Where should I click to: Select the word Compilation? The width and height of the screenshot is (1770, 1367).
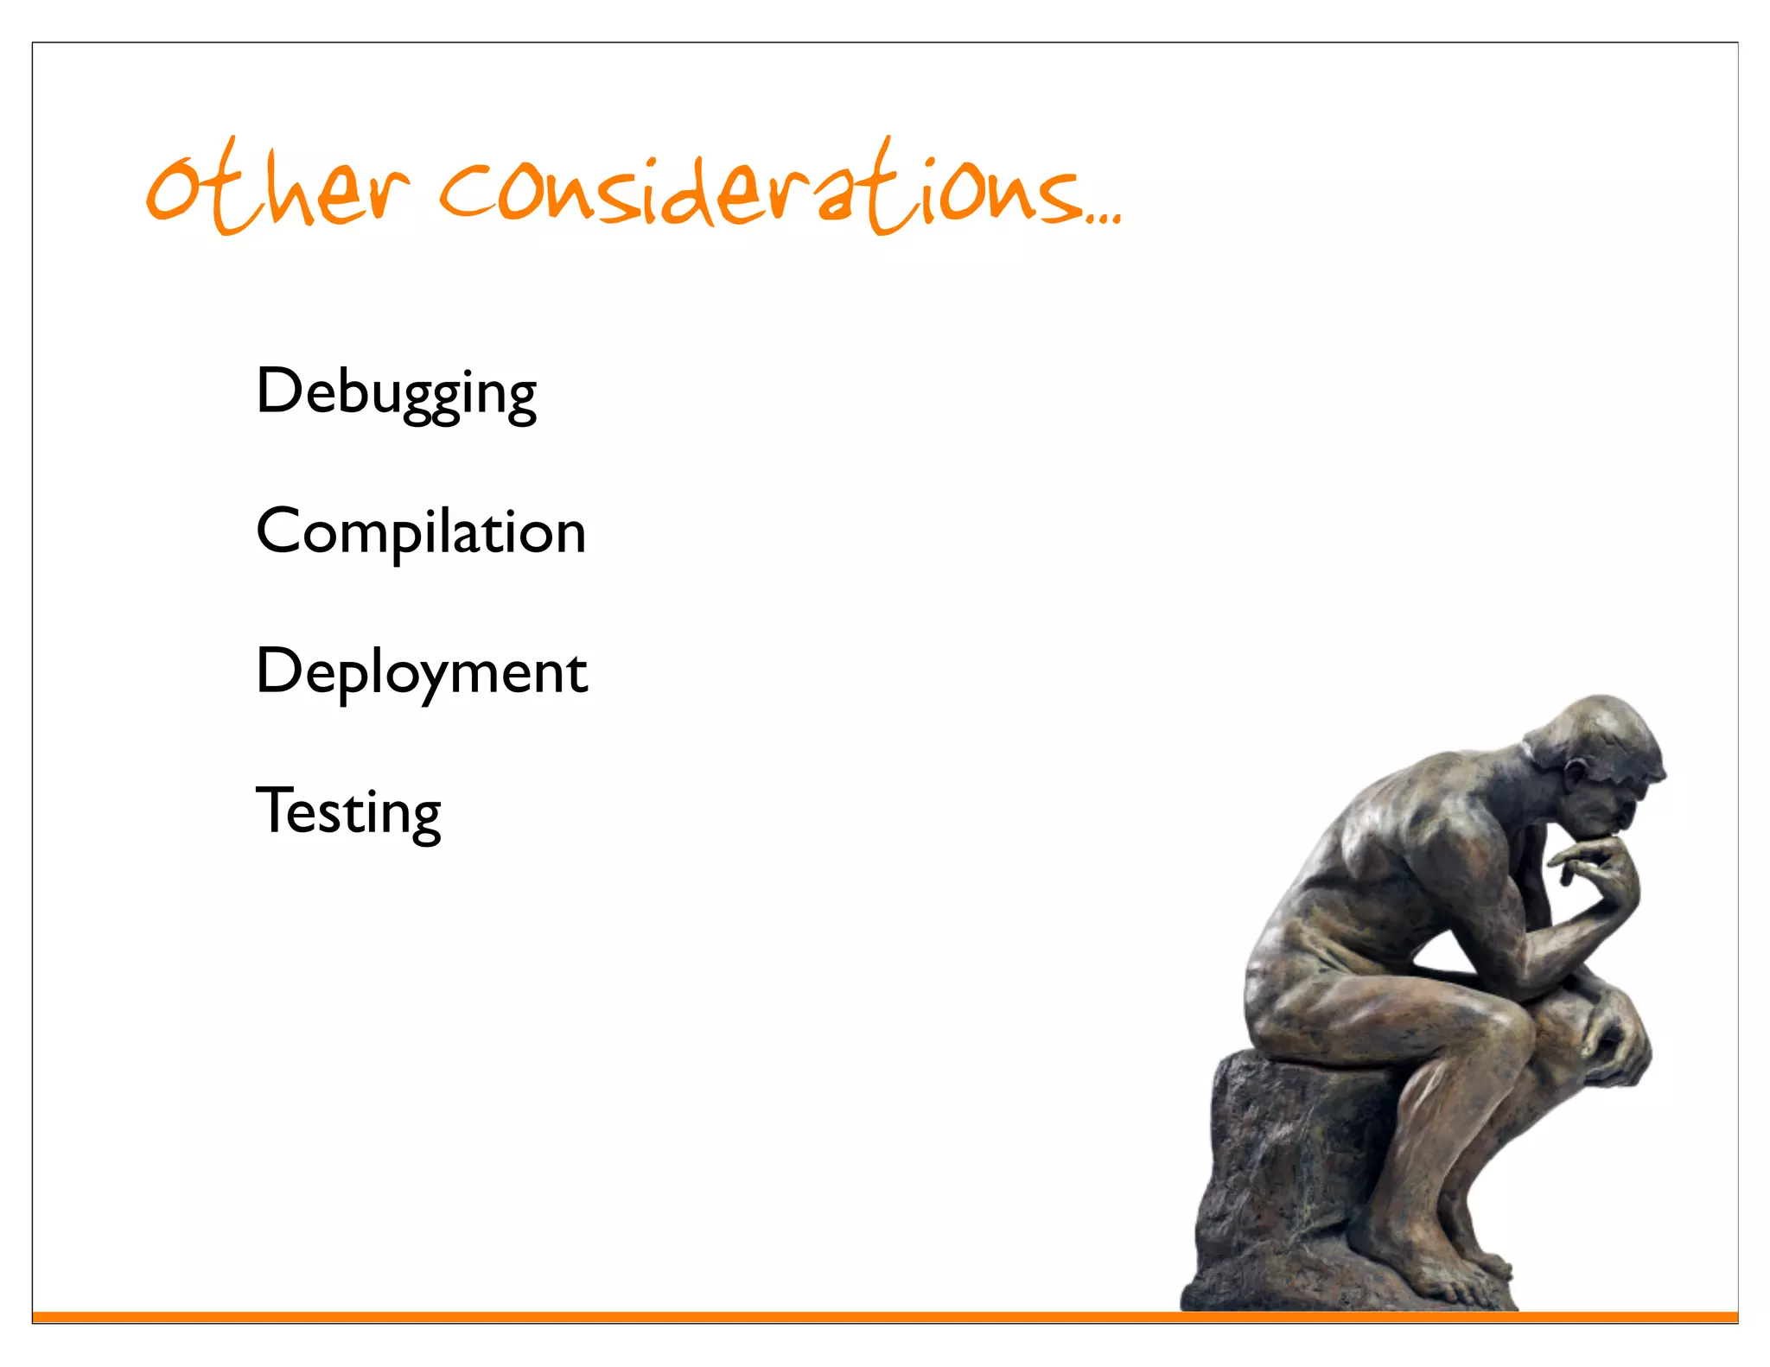click(421, 532)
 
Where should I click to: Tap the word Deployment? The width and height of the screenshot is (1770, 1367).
click(422, 672)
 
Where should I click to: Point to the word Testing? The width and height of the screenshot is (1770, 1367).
click(348, 812)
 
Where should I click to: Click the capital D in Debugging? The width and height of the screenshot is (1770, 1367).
click(277, 391)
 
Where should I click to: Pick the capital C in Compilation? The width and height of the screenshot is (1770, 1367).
click(277, 531)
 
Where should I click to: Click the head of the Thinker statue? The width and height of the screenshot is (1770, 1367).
click(1599, 760)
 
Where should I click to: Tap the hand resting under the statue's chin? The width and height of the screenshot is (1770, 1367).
click(1599, 864)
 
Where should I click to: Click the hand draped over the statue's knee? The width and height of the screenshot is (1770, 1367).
click(1616, 1037)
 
